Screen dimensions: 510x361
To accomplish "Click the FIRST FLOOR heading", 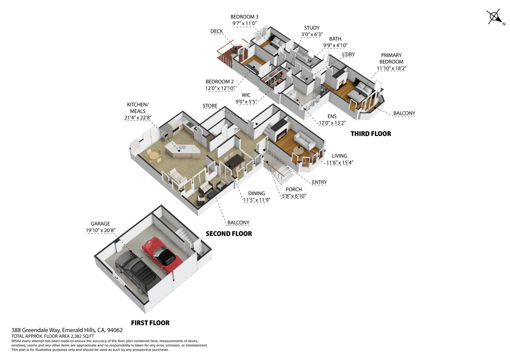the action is point(150,323).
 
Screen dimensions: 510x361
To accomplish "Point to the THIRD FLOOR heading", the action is point(371,134).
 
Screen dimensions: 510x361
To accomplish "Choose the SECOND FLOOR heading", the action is point(229,234).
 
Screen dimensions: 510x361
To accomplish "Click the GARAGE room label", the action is point(100,224).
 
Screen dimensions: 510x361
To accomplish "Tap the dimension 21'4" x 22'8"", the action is point(138,118).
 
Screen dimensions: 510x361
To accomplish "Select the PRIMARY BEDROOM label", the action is point(391,58).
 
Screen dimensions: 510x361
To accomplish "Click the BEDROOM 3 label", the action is point(244,17).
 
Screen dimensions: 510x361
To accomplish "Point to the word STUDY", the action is point(311,28).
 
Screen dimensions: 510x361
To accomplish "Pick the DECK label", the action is point(216,31).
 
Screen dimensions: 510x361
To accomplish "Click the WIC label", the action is point(246,95).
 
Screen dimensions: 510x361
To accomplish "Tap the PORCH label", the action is point(294,190).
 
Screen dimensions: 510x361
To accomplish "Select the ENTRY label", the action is point(319,182).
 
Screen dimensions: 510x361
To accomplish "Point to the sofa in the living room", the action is point(304,139).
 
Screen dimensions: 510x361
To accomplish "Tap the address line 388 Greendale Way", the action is point(67,330).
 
